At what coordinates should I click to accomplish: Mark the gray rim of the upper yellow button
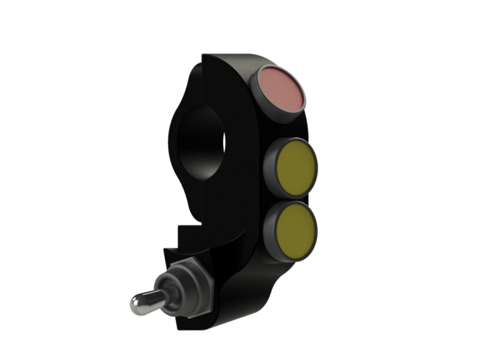[273, 165]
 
